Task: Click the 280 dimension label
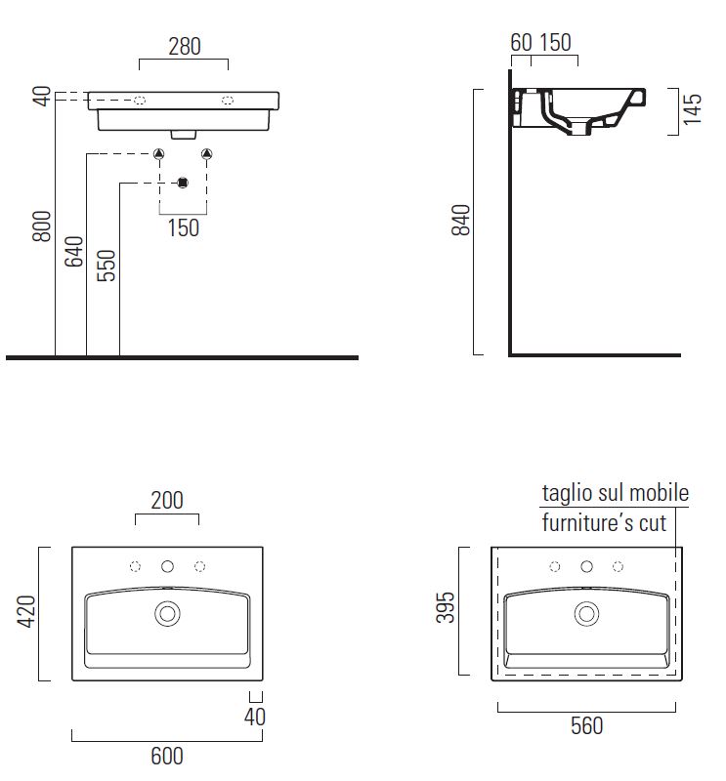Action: tap(185, 46)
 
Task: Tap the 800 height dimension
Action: tap(42, 226)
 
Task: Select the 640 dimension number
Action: tap(74, 252)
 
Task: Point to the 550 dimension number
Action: tap(107, 266)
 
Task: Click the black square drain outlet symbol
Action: tap(183, 183)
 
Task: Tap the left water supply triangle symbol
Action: tap(159, 154)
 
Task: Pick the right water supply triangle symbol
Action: tap(207, 154)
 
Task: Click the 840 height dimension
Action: tap(461, 220)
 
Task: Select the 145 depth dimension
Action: tap(692, 109)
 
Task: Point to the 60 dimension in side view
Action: tap(522, 42)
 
